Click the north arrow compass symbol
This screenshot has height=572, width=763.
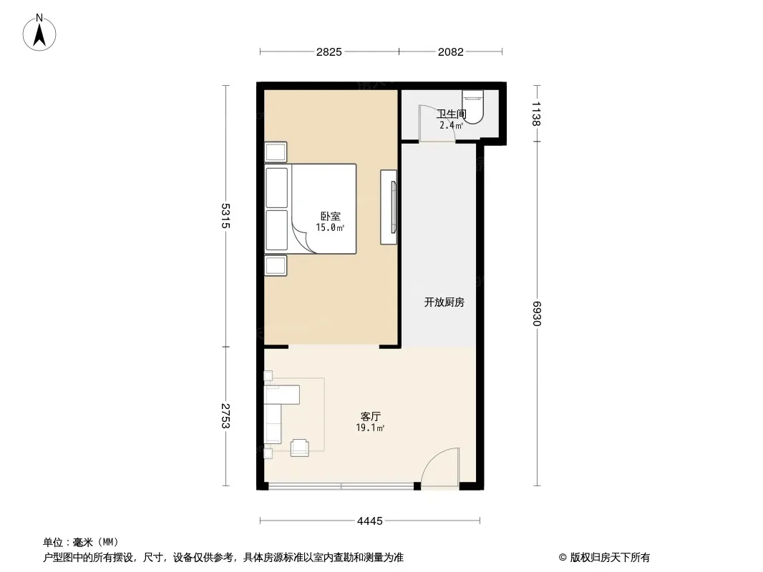[x=39, y=33]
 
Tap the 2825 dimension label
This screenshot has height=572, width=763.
[x=329, y=52]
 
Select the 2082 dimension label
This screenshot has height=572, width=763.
[x=451, y=52]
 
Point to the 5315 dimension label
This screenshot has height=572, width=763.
[x=225, y=216]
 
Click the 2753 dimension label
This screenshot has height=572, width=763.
[x=225, y=416]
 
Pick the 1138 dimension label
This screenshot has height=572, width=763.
[x=536, y=114]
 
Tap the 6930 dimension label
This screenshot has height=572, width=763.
[x=536, y=313]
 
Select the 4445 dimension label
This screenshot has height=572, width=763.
[x=370, y=521]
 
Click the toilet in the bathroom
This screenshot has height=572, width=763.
[x=472, y=106]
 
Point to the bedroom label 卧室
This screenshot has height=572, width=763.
[x=331, y=216]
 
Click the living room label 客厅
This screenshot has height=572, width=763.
[x=370, y=416]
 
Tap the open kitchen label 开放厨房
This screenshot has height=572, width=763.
[x=444, y=302]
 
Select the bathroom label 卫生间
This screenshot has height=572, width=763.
[x=452, y=114]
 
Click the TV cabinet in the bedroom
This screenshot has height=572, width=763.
[x=389, y=207]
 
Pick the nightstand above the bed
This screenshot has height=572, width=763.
[x=276, y=152]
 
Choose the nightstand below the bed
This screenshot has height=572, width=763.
[x=276, y=266]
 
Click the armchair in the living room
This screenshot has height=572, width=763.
[x=299, y=448]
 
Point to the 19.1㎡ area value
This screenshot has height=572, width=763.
[x=370, y=428]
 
